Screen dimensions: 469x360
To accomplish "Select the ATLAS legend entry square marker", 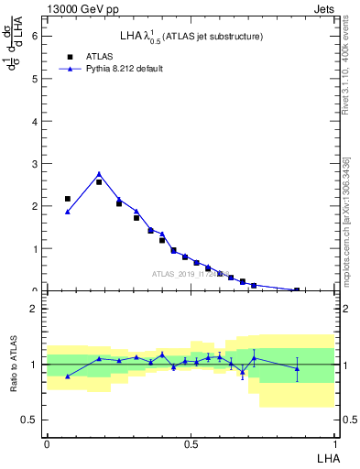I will [x=67, y=55].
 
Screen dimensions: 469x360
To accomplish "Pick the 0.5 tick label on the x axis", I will [x=191, y=444].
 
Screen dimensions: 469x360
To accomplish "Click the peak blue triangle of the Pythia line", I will [x=99, y=174].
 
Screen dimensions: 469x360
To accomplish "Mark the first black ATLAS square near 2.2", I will [x=68, y=199].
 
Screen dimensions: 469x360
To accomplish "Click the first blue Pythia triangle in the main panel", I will [x=68, y=212].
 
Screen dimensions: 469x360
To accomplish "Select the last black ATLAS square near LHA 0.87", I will [x=296, y=290].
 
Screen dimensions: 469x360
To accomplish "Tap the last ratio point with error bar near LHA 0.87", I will [x=297, y=368].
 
